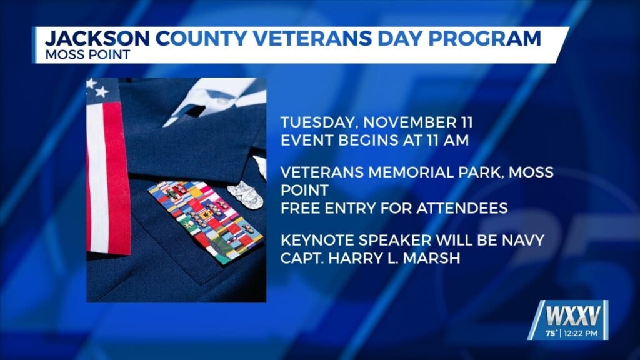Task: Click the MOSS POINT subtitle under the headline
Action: [x=87, y=54]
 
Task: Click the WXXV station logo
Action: [x=569, y=311]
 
